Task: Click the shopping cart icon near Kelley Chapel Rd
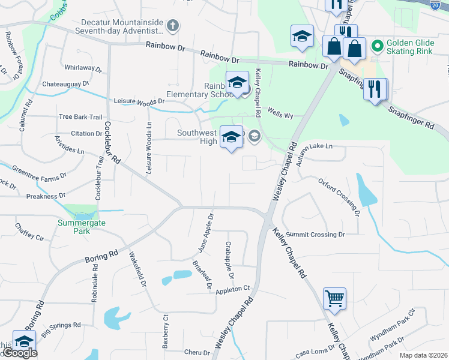[334, 298]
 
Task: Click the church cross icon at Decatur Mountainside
[173, 26]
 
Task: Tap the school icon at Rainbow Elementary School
[237, 82]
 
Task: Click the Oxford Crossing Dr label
[339, 196]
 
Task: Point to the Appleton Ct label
[232, 289]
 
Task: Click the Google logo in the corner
[20, 353]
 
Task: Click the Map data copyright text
[424, 355]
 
